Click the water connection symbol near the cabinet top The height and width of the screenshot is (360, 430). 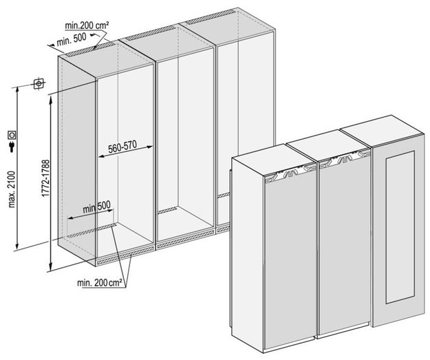38,84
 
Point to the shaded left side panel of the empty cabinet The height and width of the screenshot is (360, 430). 77,158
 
